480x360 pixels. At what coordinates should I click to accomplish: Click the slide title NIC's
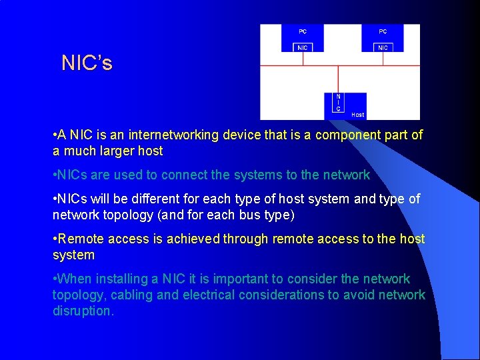(87, 63)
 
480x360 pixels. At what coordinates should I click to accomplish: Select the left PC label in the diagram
(303, 31)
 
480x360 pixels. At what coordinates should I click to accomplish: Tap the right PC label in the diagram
(383, 31)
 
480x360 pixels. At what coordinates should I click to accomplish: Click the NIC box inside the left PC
(303, 47)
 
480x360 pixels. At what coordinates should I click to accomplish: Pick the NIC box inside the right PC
(383, 47)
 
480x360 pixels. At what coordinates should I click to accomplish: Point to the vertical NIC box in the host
(339, 103)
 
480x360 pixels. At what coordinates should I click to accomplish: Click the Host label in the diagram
(357, 115)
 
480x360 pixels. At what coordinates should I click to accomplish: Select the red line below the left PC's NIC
(303, 59)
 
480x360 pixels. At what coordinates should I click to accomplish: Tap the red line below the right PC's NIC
(383, 59)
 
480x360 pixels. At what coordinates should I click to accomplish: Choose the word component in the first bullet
(346, 135)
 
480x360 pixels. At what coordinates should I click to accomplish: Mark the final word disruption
(83, 311)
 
